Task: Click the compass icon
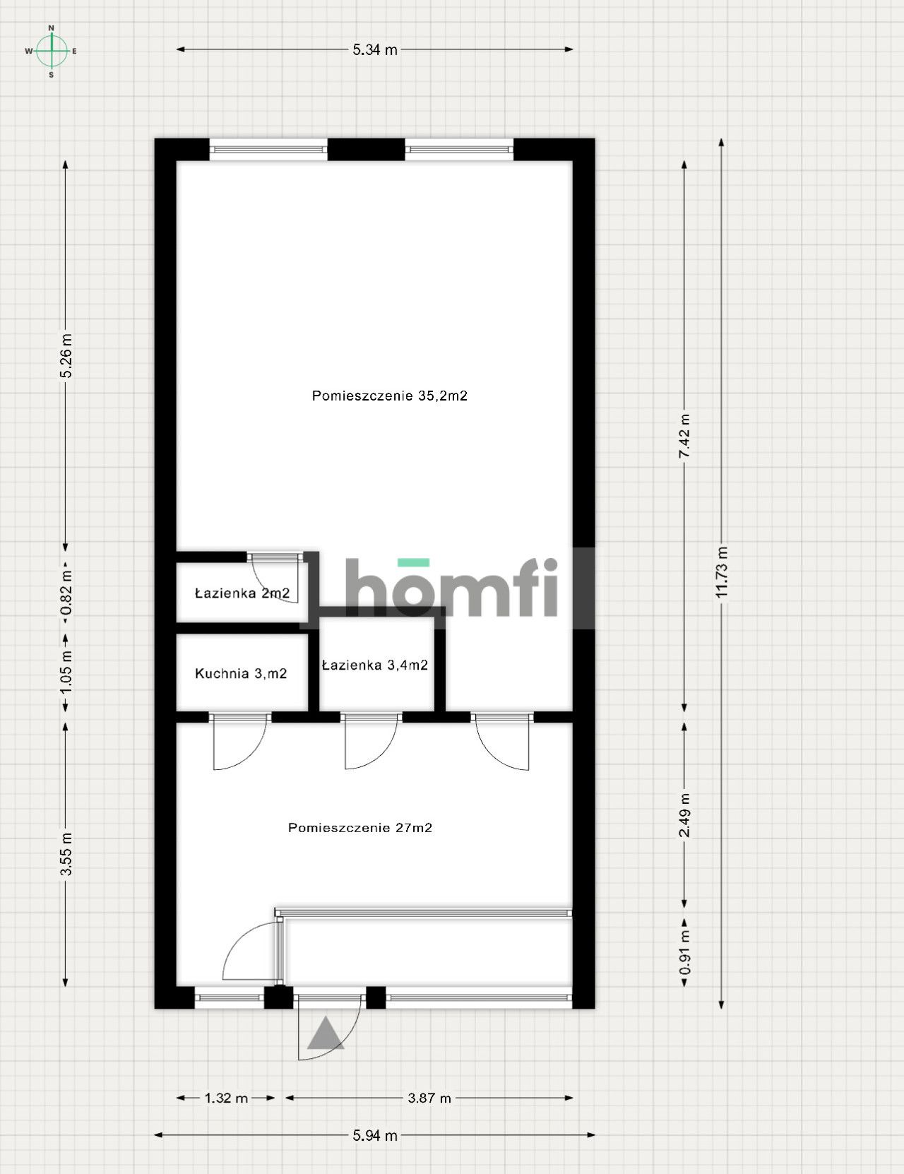click(52, 51)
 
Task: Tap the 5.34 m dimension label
click(374, 50)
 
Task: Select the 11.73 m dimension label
click(721, 572)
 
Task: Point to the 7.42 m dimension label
click(684, 436)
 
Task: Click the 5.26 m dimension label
click(66, 355)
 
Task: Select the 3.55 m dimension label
click(66, 853)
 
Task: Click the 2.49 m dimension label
click(684, 815)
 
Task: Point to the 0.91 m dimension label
click(684, 951)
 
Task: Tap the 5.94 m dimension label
click(374, 1135)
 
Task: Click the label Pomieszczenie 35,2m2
click(390, 396)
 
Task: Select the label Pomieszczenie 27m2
click(360, 827)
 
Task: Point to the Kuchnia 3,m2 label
click(241, 673)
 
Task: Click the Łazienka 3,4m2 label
click(375, 665)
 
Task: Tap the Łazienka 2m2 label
click(242, 593)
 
